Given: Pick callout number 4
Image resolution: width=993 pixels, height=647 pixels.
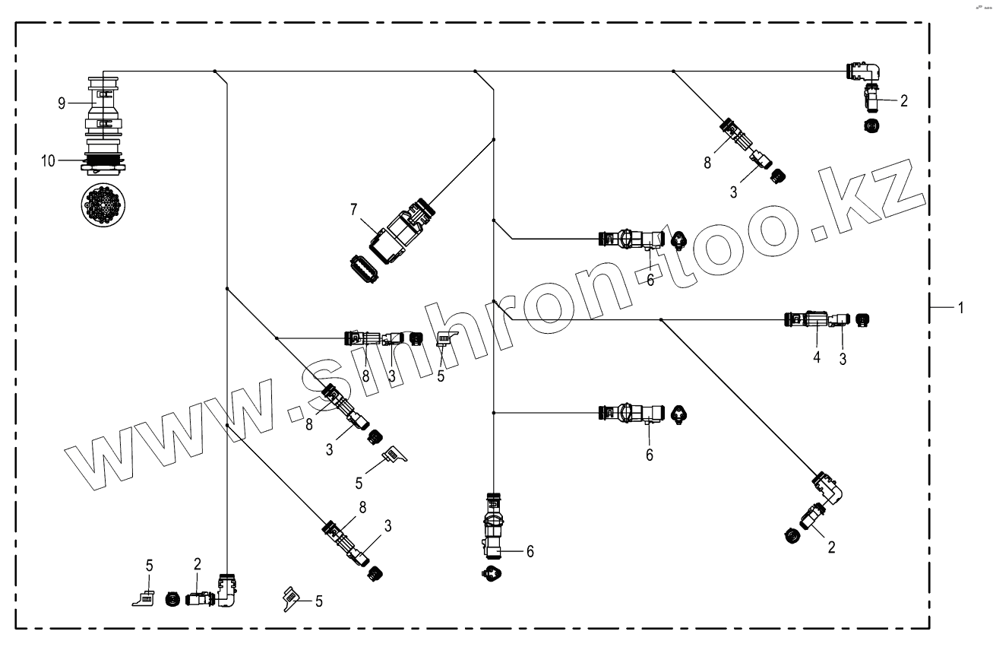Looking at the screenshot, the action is [x=817, y=357].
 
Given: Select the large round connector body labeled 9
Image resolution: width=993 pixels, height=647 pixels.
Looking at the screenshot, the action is [x=103, y=106].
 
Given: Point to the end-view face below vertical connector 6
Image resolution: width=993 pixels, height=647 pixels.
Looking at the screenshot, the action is [x=493, y=572].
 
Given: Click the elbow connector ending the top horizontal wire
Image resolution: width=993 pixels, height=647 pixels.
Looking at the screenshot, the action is [x=865, y=72].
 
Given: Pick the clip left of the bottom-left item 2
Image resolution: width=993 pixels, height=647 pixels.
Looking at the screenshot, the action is [x=143, y=599].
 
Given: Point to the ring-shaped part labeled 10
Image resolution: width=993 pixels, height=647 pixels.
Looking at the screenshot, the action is [x=103, y=160].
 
